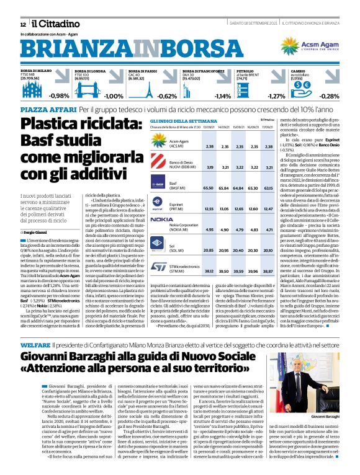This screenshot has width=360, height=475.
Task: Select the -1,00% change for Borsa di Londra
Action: point(114,96)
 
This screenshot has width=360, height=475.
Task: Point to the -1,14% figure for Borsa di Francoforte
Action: point(222,96)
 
